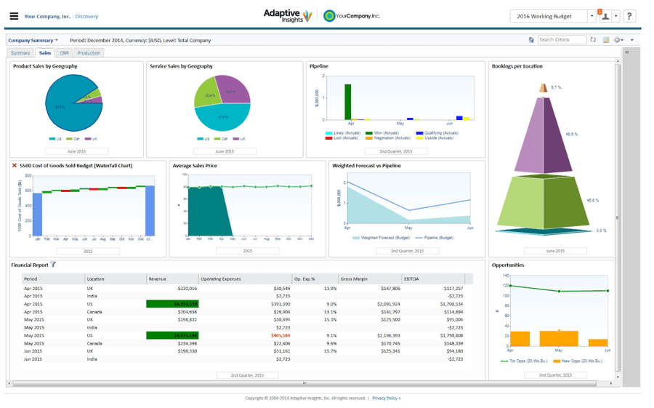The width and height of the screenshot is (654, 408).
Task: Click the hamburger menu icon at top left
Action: [14, 16]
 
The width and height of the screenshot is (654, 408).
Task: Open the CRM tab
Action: [65, 53]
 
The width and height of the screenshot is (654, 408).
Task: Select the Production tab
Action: [89, 53]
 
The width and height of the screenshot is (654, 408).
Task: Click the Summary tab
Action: [20, 53]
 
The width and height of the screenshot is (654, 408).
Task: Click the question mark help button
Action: [629, 16]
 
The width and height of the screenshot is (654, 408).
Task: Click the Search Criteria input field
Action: [561, 40]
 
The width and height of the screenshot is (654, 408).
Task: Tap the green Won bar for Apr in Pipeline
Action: [348, 102]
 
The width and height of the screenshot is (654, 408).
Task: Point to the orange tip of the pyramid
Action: [543, 88]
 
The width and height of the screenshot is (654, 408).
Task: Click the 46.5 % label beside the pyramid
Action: [571, 134]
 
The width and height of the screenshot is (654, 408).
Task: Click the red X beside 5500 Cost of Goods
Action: [15, 166]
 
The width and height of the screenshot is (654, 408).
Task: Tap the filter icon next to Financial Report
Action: [53, 265]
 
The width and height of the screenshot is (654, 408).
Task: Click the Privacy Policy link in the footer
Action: [386, 398]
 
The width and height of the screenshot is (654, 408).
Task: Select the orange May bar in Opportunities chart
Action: [558, 338]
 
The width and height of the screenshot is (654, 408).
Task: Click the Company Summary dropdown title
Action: [33, 40]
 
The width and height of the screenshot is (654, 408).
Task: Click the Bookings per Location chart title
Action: [517, 66]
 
